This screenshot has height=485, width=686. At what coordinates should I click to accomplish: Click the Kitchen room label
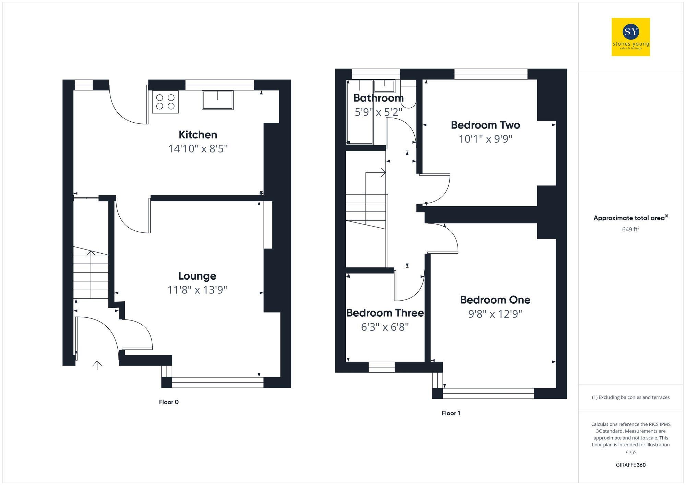coord(198,134)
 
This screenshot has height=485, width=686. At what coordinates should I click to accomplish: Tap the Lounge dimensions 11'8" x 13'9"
coord(197,290)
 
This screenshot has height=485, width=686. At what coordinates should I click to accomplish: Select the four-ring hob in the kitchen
coord(165,101)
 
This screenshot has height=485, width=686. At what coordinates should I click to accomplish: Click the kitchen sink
coord(217,100)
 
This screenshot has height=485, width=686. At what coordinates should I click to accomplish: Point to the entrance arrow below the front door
coord(97,365)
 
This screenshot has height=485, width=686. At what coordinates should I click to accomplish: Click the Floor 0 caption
coord(169,402)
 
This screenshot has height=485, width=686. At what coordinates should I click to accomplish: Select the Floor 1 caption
coord(451,413)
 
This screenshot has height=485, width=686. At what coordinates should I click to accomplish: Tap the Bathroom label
coord(378,98)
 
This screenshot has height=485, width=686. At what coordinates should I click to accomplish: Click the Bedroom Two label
coord(485,125)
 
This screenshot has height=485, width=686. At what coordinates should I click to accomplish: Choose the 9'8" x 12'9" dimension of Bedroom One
coord(495,314)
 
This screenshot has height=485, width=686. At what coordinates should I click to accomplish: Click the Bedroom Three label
coord(385,313)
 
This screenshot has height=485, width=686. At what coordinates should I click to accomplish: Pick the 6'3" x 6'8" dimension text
coord(385,327)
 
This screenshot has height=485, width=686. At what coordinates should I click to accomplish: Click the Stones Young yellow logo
coord(630,37)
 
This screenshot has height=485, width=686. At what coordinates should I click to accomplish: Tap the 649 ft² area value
coord(630,229)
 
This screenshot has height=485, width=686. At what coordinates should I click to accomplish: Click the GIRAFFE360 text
coord(630,465)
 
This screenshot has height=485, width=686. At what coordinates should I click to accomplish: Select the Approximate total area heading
coord(630,218)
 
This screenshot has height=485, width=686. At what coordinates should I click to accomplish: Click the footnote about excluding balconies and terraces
coord(630,397)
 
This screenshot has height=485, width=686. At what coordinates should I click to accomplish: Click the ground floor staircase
coord(91,274)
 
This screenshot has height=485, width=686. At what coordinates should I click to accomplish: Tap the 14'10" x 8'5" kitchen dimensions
coord(198,149)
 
